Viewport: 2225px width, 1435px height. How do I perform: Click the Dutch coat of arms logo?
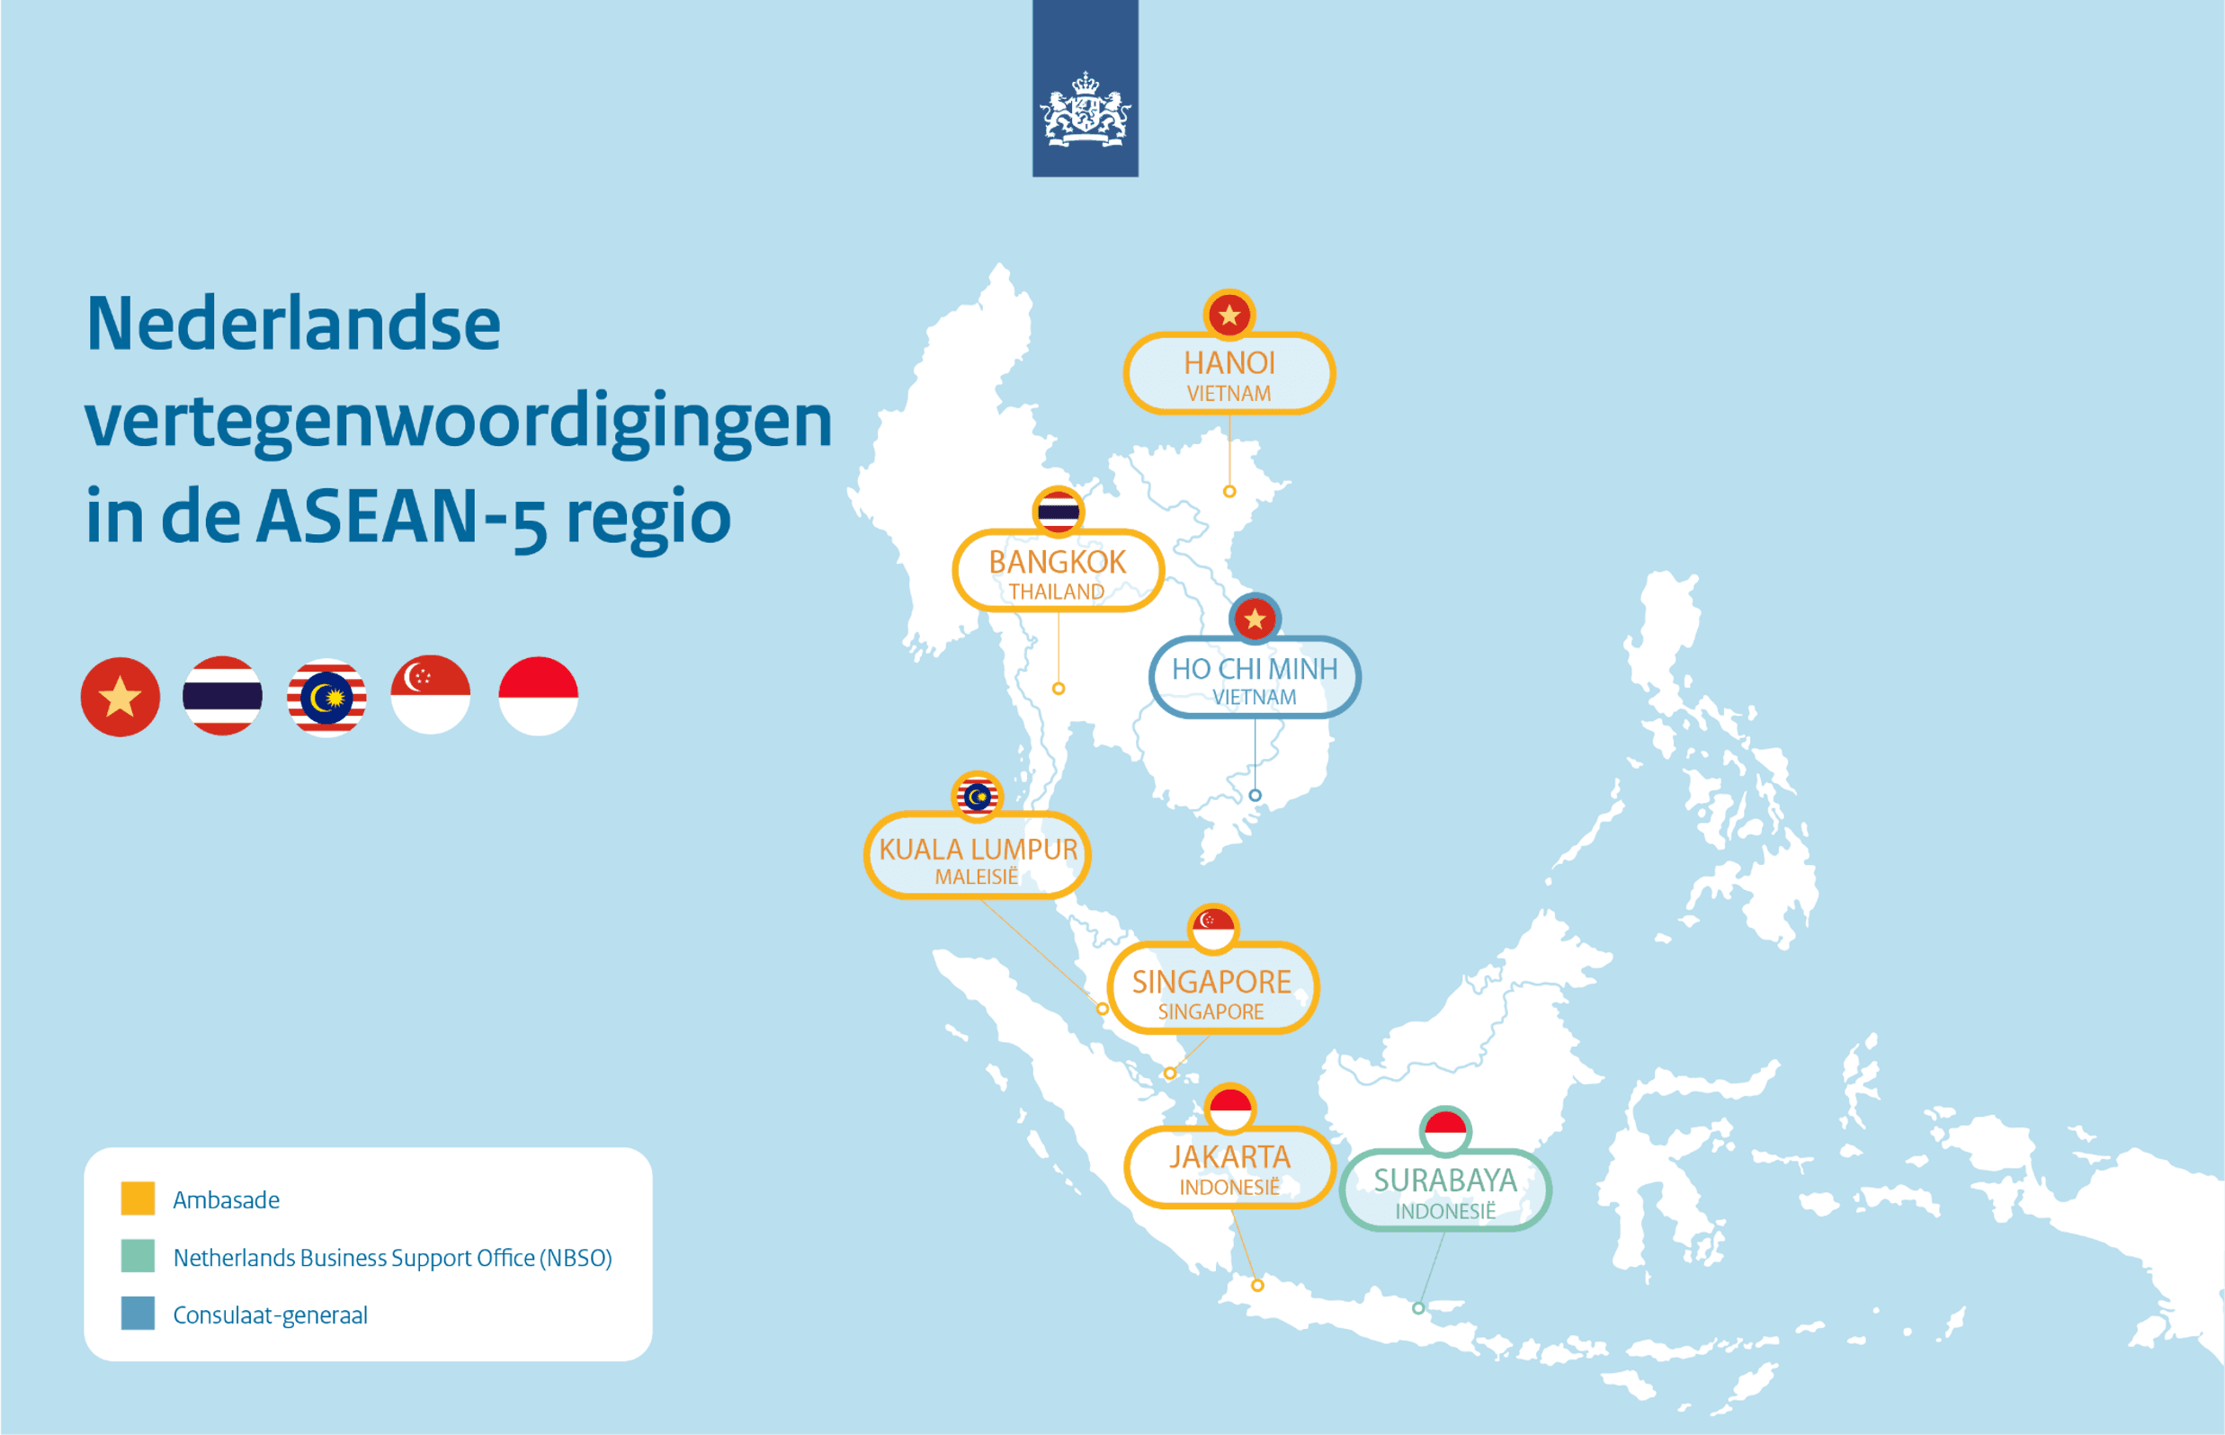coord(1085,110)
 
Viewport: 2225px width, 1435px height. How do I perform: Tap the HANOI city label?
coord(1229,363)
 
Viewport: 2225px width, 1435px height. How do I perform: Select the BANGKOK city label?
coord(1057,563)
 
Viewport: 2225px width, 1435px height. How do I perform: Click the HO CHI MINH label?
coord(1255,669)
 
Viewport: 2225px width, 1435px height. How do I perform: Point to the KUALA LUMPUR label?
coord(978,850)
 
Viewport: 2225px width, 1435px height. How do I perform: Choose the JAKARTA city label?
coord(1229,1157)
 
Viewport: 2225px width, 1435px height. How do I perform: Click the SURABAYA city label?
coord(1444,1181)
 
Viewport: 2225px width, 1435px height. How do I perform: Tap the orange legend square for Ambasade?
coord(138,1199)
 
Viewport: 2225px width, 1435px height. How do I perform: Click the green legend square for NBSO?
coord(138,1256)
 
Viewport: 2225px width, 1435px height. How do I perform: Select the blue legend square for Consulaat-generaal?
coord(138,1313)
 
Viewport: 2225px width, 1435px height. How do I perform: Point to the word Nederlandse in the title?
coord(293,324)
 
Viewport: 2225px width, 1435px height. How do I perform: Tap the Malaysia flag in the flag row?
coord(326,697)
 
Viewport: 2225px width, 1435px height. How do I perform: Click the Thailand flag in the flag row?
coord(222,696)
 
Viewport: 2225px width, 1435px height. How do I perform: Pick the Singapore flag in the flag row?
coord(431,695)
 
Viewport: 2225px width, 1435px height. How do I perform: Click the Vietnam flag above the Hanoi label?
coord(1229,315)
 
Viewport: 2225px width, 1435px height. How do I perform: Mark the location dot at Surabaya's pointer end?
coord(1417,1308)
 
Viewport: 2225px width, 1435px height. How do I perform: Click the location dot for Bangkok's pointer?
coord(1058,689)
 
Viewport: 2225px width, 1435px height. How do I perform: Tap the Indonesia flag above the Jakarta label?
coord(1229,1109)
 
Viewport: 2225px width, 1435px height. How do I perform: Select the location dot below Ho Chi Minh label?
coord(1255,796)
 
